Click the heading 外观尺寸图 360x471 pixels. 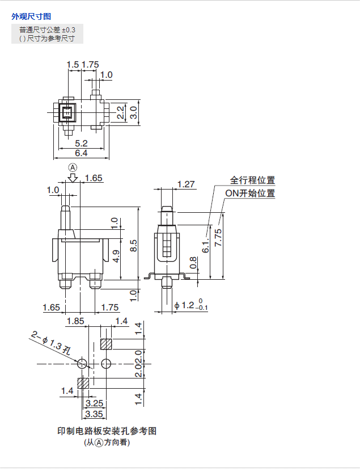31,16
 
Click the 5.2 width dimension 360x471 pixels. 81,143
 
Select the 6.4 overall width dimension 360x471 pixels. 81,153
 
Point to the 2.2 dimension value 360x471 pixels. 120,112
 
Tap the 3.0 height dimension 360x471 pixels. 133,112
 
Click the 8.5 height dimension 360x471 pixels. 133,245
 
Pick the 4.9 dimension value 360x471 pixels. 115,256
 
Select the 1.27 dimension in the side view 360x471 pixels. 186,184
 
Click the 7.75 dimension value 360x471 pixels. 218,237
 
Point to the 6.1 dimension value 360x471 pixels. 205,245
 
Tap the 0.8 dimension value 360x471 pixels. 193,263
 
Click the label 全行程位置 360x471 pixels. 252,180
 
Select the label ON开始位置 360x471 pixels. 250,193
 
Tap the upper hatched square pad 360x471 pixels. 105,344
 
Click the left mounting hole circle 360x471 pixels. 83,363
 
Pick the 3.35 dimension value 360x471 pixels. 94,414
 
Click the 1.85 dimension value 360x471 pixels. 75,321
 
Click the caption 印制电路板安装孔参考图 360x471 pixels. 107,431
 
